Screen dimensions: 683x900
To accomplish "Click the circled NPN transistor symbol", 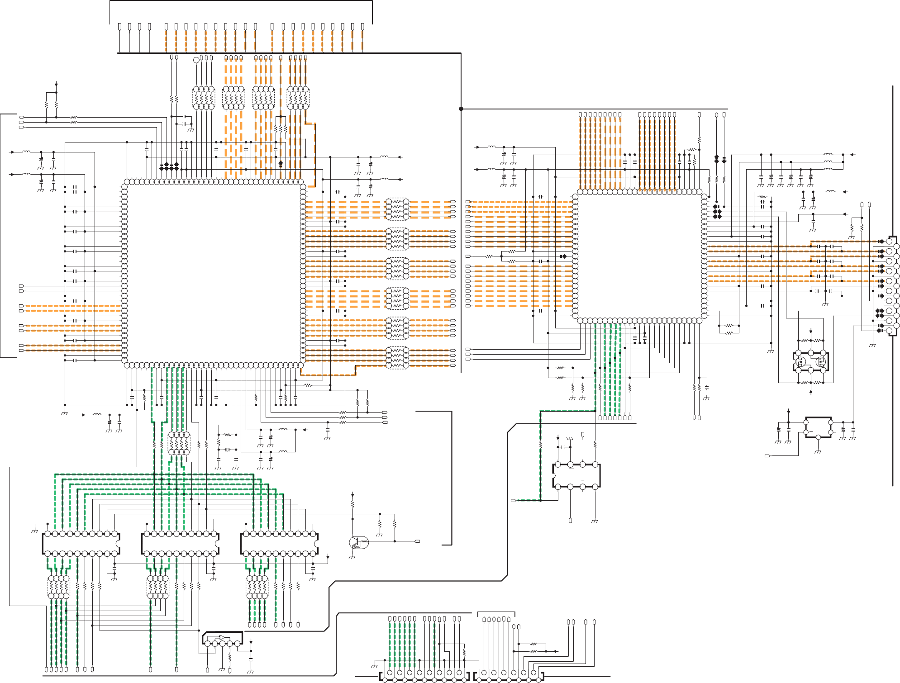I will [x=358, y=542].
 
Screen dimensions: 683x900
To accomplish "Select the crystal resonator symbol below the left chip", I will [x=228, y=450].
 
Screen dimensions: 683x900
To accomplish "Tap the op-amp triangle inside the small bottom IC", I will [x=222, y=638].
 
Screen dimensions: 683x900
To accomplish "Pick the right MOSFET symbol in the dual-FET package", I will [x=821, y=361].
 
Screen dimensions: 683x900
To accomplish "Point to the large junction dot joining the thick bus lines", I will [x=461, y=109].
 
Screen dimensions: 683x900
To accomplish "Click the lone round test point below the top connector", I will [x=196, y=60].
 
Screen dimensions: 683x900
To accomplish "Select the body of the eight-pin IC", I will [x=576, y=476].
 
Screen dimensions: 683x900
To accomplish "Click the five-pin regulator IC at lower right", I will [x=818, y=427].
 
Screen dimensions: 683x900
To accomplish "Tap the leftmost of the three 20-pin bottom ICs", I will [x=81, y=544].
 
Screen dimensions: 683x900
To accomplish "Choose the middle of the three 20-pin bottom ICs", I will [x=180, y=544].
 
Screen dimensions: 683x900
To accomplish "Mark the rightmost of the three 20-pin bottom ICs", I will [x=279, y=544].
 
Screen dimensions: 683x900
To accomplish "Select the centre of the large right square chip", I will [x=639, y=256].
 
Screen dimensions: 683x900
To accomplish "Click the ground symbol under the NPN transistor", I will [x=352, y=557].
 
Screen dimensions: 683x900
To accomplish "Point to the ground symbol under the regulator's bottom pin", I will [x=818, y=451].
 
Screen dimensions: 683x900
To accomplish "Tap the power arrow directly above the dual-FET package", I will [x=811, y=331].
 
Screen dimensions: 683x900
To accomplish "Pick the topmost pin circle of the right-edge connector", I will [x=889, y=242].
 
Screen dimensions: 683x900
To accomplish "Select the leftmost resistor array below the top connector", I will [x=204, y=98].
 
